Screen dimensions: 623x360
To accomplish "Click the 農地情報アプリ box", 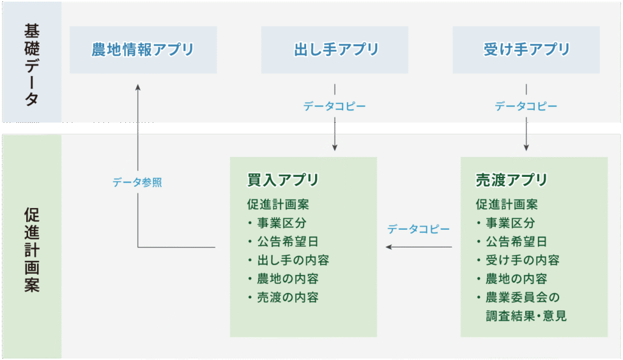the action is (x=143, y=50).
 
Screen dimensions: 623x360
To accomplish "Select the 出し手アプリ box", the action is (x=335, y=50).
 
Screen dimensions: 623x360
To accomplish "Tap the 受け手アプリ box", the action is (x=526, y=50).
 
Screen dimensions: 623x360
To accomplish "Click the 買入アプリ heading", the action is (x=282, y=180).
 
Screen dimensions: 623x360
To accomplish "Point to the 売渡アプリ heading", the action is (x=511, y=180).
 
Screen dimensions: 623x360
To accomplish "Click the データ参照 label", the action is (x=137, y=182).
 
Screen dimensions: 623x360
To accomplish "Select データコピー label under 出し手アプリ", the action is (x=335, y=106).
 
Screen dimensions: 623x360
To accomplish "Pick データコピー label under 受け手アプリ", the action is (x=526, y=106).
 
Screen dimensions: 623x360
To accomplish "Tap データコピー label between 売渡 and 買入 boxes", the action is (x=419, y=229).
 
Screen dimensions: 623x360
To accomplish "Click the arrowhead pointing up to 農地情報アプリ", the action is (x=138, y=87).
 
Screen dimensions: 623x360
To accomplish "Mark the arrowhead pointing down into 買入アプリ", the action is (x=335, y=148).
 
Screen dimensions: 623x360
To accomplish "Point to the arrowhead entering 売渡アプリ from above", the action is (x=526, y=148).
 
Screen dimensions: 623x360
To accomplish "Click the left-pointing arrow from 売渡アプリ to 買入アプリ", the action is (x=419, y=247).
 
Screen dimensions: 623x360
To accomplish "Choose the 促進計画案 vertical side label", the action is (x=32, y=250).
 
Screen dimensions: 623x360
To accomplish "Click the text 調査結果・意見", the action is (x=526, y=316).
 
